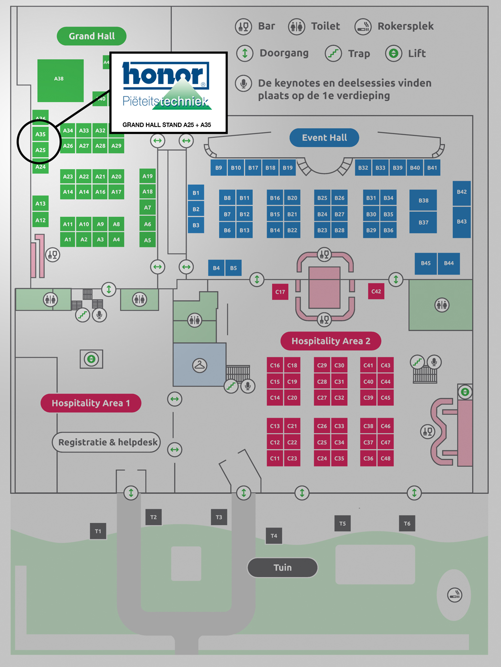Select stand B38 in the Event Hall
[x=423, y=201]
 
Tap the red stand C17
[x=280, y=292]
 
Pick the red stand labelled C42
[x=376, y=291]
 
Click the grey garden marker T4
[x=274, y=536]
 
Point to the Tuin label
[x=282, y=568]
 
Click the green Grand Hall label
[x=92, y=36]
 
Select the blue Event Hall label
[x=324, y=138]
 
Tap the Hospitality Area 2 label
[x=331, y=341]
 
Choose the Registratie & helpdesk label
[x=107, y=442]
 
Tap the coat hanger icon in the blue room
[x=199, y=366]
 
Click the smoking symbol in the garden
[x=455, y=595]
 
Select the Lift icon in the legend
[x=394, y=53]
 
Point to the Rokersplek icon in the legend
[x=363, y=27]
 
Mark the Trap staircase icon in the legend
[x=334, y=53]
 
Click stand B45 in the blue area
[x=426, y=263]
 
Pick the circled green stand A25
[x=41, y=150]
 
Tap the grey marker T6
[x=407, y=524]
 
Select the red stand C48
[x=386, y=458]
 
